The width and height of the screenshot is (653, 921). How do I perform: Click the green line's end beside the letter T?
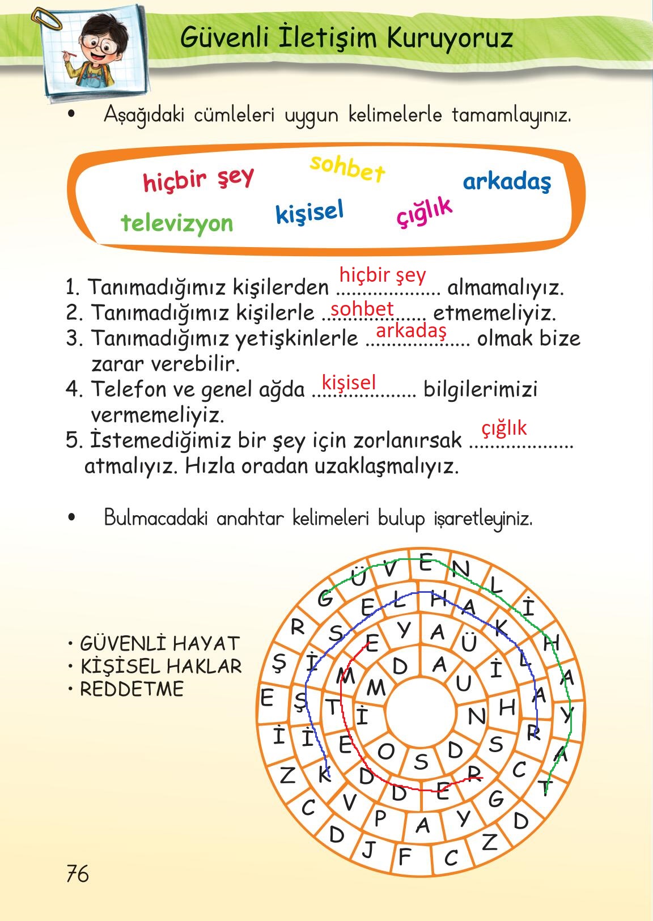pos(546,793)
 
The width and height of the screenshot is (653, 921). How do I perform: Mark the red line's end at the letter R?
pos(482,778)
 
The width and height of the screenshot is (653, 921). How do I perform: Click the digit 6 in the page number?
pos(82,873)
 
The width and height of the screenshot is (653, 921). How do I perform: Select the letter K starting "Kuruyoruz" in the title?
pos(397,38)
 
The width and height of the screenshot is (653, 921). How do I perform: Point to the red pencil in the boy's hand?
pos(70,53)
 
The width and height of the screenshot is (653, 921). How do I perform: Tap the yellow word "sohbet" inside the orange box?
pos(347,168)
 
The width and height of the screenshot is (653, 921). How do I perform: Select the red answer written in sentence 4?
pos(349,383)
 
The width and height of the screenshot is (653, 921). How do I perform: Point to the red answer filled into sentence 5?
pos(504,428)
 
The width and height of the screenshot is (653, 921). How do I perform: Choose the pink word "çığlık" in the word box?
pos(425,211)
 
